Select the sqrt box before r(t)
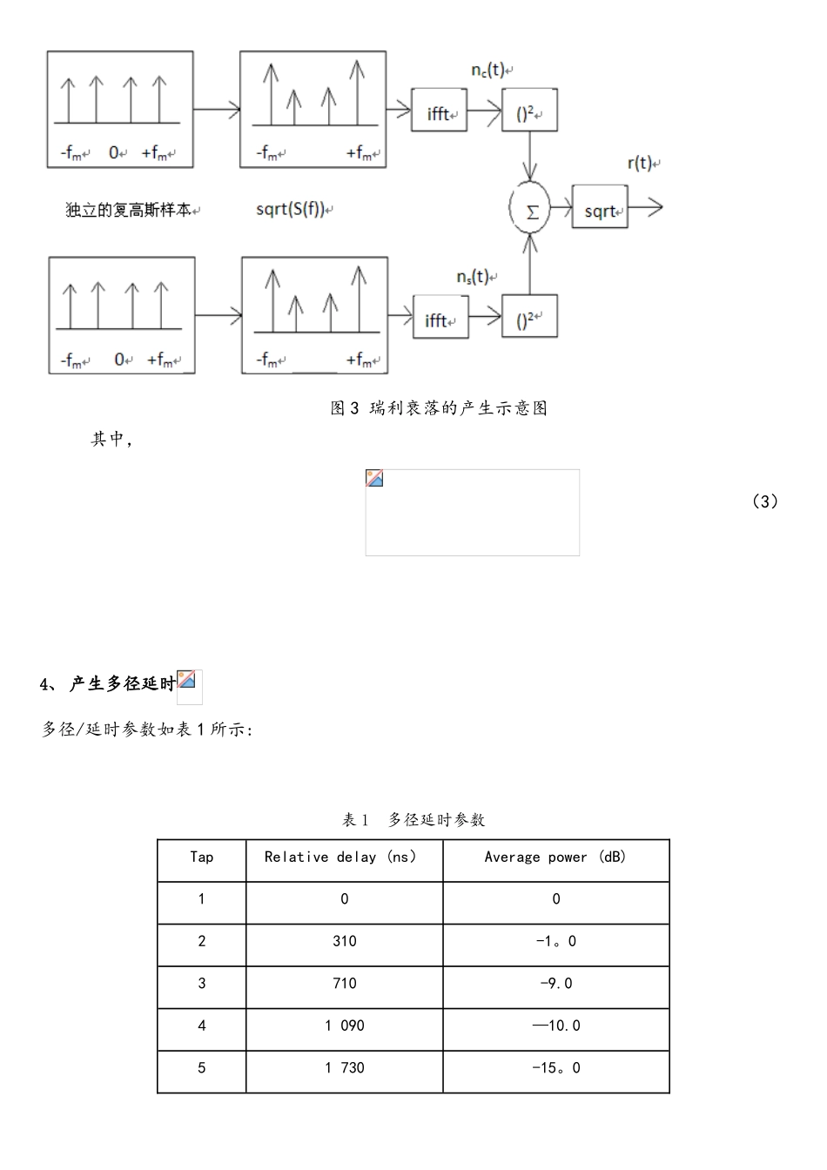click(x=600, y=208)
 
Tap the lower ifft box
click(x=440, y=318)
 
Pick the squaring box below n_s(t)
click(x=529, y=318)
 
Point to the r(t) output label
click(x=641, y=163)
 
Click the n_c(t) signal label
click(x=488, y=70)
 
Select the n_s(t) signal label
click(x=474, y=276)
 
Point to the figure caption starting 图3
click(x=439, y=408)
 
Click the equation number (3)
click(x=764, y=501)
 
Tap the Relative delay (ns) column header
click(x=344, y=857)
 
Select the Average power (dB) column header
click(x=555, y=857)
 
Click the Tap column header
click(x=202, y=857)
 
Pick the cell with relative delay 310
click(x=344, y=941)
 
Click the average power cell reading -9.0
click(x=555, y=984)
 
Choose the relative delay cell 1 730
click(x=344, y=1068)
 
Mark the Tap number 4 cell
click(x=202, y=1025)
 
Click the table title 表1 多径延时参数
click(x=413, y=819)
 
